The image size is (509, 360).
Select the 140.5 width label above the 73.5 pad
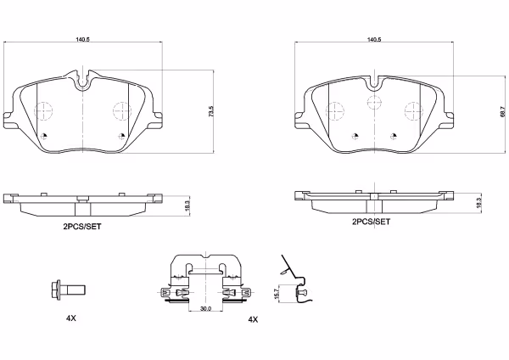pos(82,39)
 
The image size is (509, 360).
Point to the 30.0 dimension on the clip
pos(204,308)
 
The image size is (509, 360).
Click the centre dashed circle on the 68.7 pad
pos(372,103)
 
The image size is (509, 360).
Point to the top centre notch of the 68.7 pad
pos(372,82)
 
